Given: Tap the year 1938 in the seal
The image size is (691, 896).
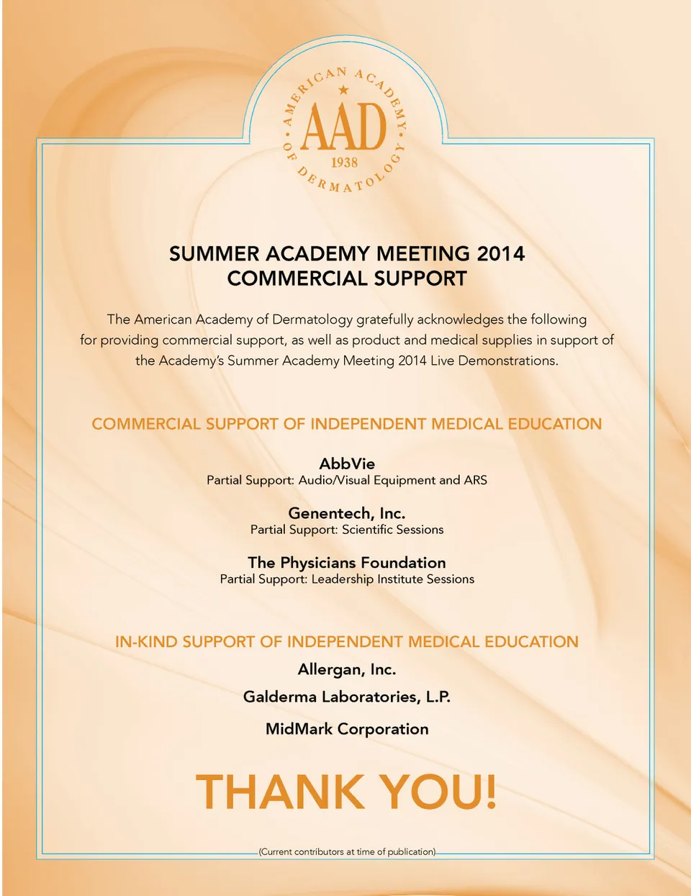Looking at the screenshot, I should pos(344,162).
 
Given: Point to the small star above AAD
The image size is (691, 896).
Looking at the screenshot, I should pos(344,90).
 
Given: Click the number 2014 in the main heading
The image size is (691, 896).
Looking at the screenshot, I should pos(500,254).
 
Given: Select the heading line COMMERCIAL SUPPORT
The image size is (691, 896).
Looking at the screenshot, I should pos(347,279).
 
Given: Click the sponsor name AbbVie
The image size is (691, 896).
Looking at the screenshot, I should pos(347,463).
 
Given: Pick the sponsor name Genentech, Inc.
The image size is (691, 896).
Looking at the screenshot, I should pos(347,513).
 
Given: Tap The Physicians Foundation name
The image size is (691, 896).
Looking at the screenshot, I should pos(347,563).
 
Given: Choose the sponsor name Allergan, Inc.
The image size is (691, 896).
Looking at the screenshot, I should pos(347,669).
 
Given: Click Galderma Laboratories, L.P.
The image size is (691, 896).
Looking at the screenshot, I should pos(347,697).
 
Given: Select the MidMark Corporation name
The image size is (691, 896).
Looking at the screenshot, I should pos(347,729).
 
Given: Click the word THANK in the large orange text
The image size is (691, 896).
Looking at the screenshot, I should pos(280,792).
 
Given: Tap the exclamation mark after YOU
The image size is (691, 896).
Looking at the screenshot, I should pos(489,792).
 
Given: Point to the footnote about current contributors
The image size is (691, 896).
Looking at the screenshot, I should pos(347,852).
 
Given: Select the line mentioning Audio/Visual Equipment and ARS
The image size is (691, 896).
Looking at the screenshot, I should pos(347,480).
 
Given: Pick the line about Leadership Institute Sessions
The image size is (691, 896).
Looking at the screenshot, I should pos(347,579).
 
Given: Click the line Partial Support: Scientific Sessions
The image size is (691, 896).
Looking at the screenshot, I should pos(347,530).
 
